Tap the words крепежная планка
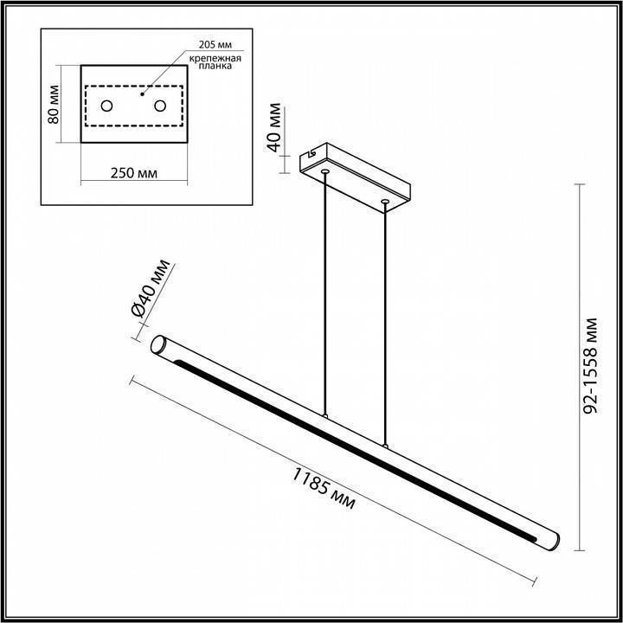pyautogui.click(x=210, y=61)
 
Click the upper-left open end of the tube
pyautogui.click(x=160, y=345)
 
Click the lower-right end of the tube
pyautogui.click(x=551, y=541)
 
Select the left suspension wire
pyautogui.click(x=325, y=294)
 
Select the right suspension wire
pyautogui.click(x=384, y=324)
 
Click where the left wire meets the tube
pyautogui.click(x=325, y=416)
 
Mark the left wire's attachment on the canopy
pyautogui.click(x=325, y=173)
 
